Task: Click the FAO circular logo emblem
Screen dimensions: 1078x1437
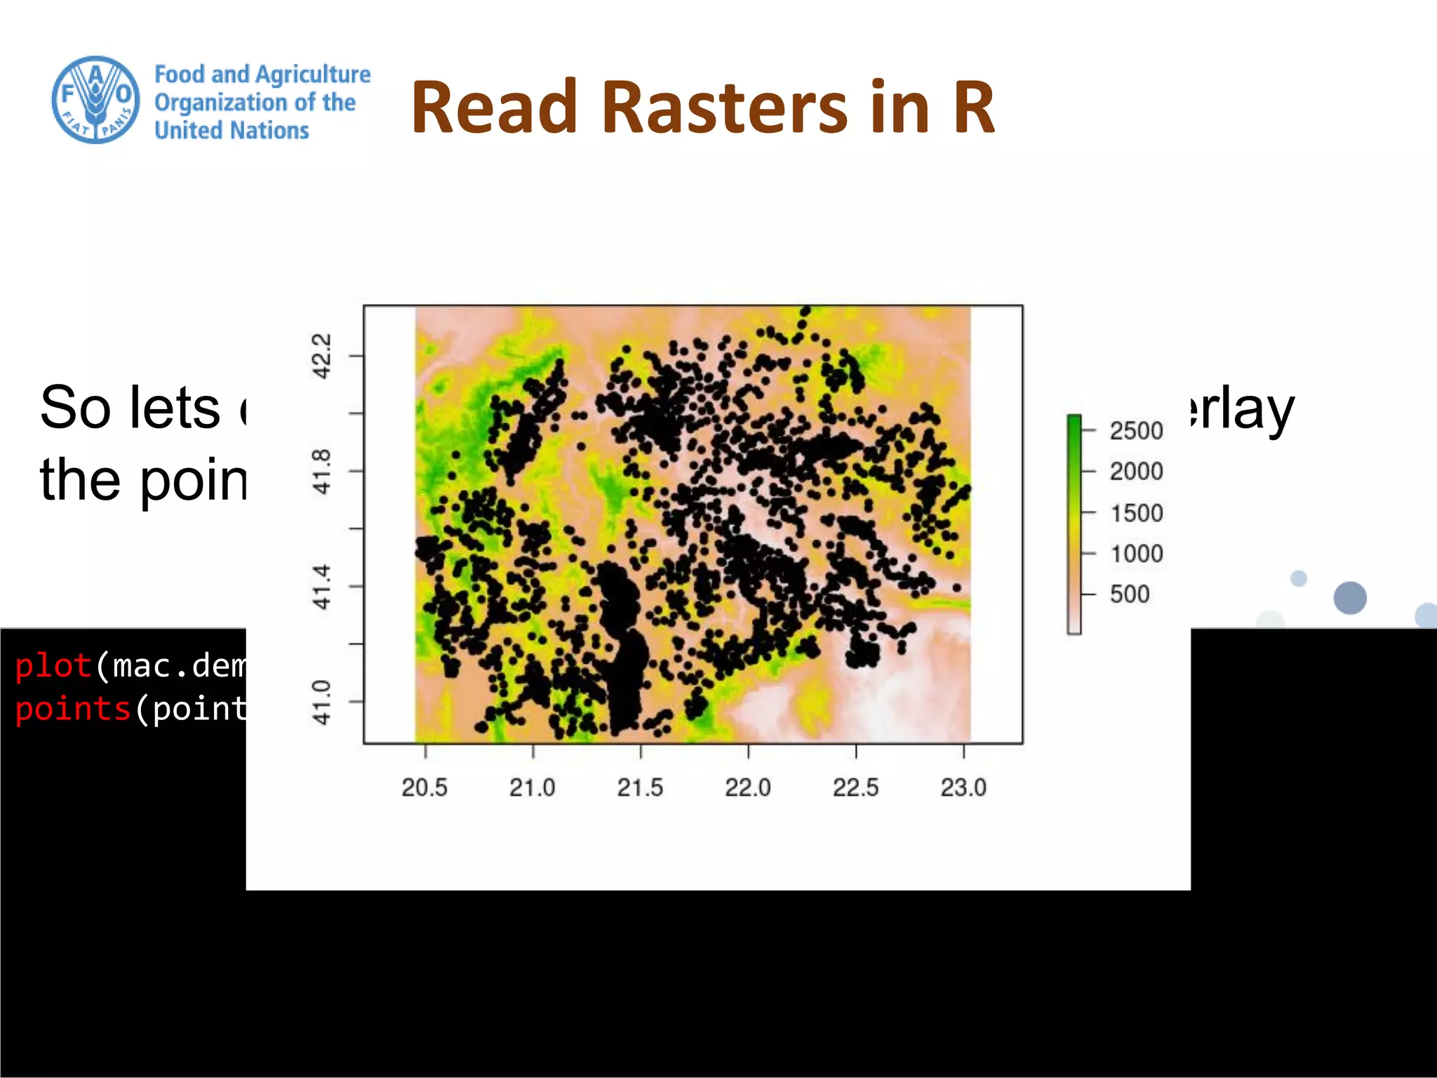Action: pos(95,100)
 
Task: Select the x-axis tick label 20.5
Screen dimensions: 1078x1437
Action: pos(425,787)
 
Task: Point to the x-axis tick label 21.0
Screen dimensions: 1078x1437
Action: pos(532,787)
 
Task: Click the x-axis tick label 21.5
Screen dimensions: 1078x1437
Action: pos(640,787)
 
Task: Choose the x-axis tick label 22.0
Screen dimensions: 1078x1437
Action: pos(748,787)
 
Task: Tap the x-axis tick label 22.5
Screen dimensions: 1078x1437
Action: pos(855,787)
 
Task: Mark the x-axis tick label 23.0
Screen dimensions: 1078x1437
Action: pos(963,787)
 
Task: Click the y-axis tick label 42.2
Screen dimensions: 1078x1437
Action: pos(321,357)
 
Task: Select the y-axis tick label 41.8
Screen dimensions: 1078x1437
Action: pos(321,472)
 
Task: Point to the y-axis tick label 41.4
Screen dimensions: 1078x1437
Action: pos(321,587)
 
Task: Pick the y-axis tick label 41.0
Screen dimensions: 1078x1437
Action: pos(321,702)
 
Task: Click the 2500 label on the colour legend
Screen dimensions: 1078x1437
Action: pos(1136,430)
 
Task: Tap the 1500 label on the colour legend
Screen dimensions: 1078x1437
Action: pos(1136,513)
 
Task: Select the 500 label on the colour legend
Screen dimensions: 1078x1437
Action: pos(1130,594)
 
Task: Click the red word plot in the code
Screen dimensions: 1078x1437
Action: pos(53,665)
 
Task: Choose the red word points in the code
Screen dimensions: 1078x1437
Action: pos(73,709)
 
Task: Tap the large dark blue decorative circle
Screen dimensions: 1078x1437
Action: pos(1349,598)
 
